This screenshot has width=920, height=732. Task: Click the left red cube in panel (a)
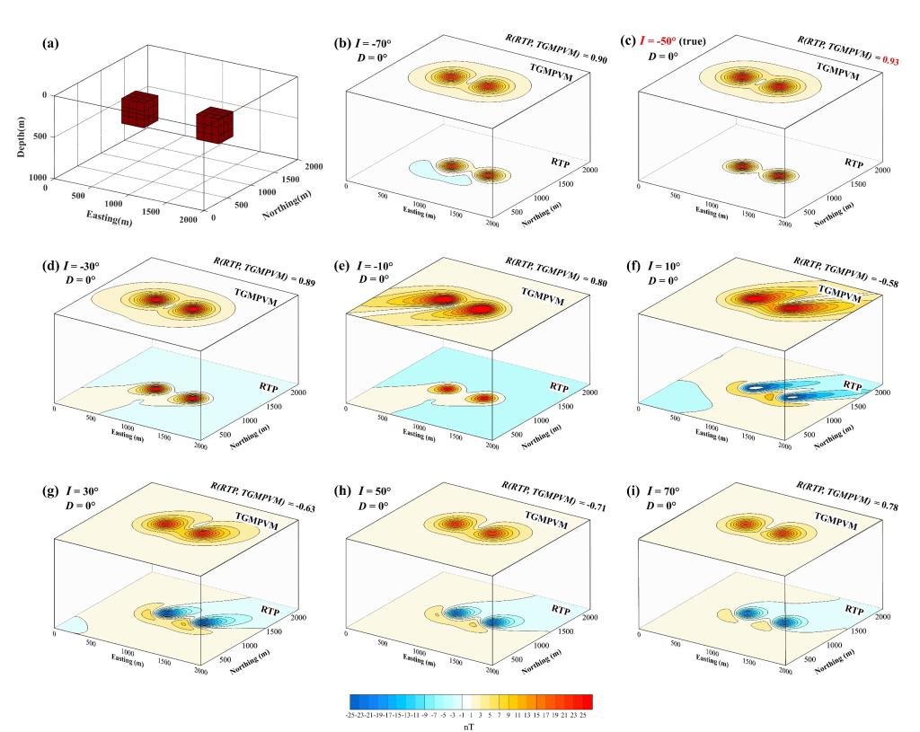(x=140, y=110)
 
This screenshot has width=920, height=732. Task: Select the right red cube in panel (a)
(x=215, y=124)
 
